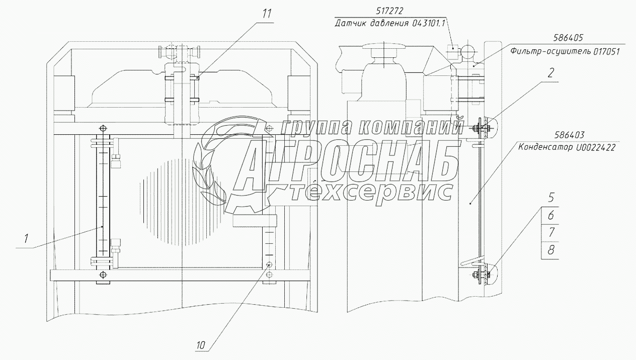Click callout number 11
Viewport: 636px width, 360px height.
point(267,14)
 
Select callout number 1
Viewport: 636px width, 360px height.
point(26,239)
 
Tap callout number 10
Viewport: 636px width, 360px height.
point(200,345)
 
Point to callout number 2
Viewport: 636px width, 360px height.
point(550,73)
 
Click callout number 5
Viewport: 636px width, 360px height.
point(551,198)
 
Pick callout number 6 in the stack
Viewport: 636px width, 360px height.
point(551,215)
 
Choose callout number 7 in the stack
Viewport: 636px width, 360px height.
point(551,232)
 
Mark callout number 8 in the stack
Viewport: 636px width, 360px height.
point(551,250)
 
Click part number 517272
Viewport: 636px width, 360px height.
point(389,11)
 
